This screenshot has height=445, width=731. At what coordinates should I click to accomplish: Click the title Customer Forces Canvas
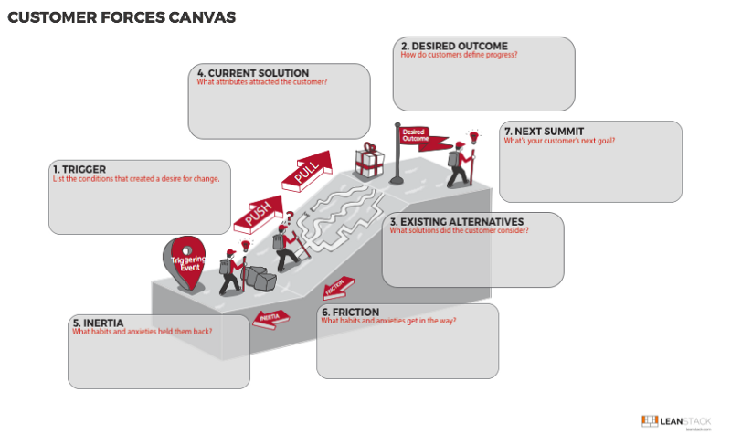[121, 17]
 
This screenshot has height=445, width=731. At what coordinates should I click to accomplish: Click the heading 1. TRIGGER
[80, 169]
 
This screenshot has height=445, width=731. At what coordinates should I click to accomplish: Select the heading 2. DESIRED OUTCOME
[454, 46]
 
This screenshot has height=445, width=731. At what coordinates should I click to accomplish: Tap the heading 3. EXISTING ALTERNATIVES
[456, 221]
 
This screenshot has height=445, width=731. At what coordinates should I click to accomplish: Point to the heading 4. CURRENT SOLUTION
[253, 73]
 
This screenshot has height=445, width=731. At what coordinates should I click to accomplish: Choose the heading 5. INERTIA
[104, 323]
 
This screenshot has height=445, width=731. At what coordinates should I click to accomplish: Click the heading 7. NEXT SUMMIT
[545, 131]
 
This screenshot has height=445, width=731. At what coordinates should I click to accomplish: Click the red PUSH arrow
[260, 212]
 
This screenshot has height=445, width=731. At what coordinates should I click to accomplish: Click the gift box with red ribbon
[370, 161]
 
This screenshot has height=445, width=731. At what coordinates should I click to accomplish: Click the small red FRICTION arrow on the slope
[335, 289]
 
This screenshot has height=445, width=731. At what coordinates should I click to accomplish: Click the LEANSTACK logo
[675, 421]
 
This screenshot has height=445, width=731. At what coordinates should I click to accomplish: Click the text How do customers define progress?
[460, 56]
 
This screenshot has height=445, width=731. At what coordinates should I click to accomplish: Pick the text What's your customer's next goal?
[559, 141]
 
